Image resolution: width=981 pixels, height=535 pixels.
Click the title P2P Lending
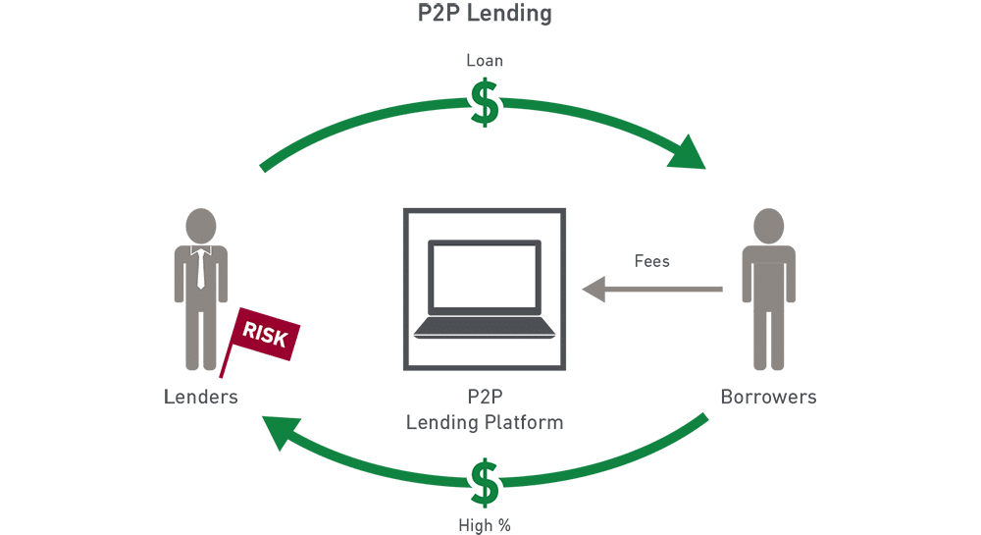[x=485, y=14]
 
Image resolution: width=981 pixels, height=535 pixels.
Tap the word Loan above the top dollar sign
[x=484, y=61]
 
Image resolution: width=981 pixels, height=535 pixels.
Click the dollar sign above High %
[x=484, y=480]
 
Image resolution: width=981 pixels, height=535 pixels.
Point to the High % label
[x=484, y=525]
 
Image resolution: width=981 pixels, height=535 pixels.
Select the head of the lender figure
[x=200, y=223]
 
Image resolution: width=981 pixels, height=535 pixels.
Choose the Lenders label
[x=200, y=398]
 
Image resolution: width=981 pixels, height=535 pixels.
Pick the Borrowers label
[x=768, y=398]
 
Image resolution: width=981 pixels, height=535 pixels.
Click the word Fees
[x=652, y=262]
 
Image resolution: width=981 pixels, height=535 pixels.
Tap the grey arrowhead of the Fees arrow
[x=593, y=289]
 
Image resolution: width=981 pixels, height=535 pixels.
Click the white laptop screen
[x=485, y=280]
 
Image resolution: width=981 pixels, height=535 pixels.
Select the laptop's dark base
[x=485, y=330]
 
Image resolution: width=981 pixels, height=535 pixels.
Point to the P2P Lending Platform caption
[x=485, y=412]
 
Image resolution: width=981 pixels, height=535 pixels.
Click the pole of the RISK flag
[x=227, y=359]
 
